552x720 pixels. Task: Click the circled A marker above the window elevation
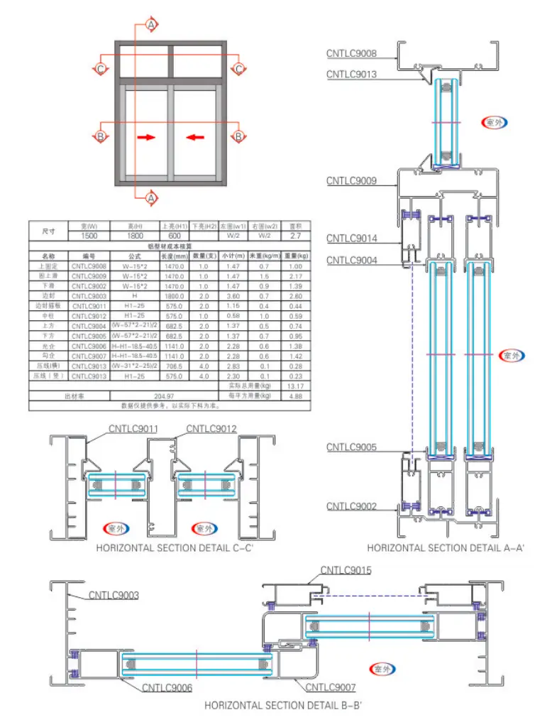tap(151, 26)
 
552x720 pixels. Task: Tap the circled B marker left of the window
tap(101, 136)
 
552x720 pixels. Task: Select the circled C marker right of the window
tap(239, 69)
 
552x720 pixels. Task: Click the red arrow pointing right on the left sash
tap(146, 136)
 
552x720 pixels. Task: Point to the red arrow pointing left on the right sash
tap(195, 136)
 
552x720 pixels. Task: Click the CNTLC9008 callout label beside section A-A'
tap(351, 53)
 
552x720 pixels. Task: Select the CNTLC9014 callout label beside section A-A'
tap(351, 239)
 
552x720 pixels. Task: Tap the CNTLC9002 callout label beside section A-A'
tap(351, 506)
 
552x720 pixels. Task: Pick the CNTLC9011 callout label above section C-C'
tap(133, 429)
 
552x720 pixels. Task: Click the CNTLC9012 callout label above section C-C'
tap(211, 429)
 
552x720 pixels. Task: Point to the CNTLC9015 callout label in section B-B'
tap(346, 570)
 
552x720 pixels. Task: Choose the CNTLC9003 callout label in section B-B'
tap(114, 596)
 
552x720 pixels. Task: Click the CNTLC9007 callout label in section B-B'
tap(331, 687)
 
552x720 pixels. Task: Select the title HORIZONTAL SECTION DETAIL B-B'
tap(283, 706)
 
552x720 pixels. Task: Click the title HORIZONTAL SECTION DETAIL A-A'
tap(446, 548)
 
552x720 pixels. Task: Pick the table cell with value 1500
tap(89, 235)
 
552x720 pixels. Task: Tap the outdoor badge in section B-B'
tap(384, 669)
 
